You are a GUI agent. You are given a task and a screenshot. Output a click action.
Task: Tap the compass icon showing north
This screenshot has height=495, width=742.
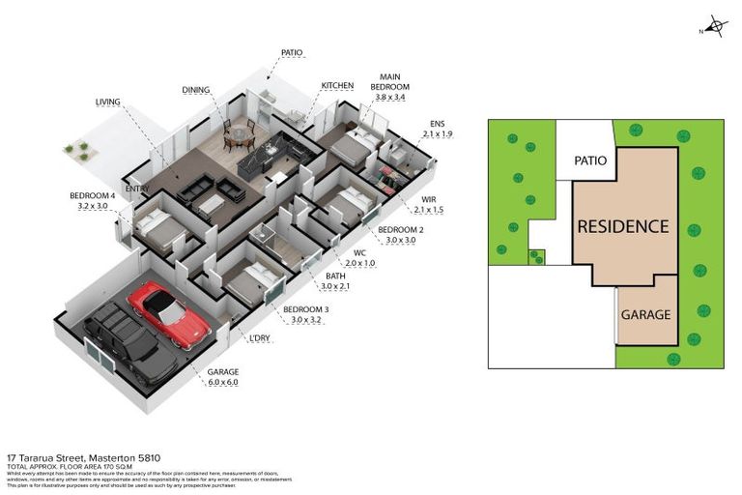(715, 27)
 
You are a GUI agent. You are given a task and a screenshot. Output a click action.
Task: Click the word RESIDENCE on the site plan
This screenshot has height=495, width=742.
(622, 226)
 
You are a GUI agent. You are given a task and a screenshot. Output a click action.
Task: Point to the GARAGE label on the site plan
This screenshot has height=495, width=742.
(645, 315)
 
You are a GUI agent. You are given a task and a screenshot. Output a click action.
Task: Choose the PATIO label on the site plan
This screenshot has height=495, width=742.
(590, 160)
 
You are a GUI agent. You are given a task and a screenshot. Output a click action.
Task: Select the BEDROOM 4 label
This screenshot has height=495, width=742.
(93, 195)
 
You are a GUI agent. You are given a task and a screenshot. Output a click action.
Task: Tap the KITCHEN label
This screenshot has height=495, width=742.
(337, 86)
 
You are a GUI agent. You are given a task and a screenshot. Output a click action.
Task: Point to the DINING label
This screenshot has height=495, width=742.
(196, 90)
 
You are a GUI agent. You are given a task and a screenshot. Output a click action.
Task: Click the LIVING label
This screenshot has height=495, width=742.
(107, 101)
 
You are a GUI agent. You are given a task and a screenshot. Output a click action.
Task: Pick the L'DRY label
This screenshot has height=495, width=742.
(261, 336)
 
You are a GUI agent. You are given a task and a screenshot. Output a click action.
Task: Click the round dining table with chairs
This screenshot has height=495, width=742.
(235, 138)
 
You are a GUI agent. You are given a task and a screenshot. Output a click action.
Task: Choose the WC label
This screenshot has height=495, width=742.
(358, 251)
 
